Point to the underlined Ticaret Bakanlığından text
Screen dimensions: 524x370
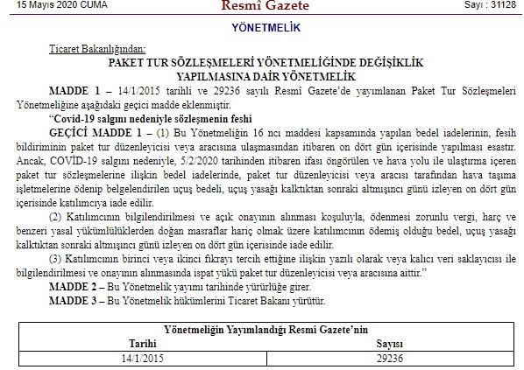click(97, 54)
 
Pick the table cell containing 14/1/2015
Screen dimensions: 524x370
click(143, 358)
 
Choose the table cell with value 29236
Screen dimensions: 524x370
click(386, 358)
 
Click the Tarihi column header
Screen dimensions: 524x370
click(143, 344)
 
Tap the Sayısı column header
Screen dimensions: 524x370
click(386, 344)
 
